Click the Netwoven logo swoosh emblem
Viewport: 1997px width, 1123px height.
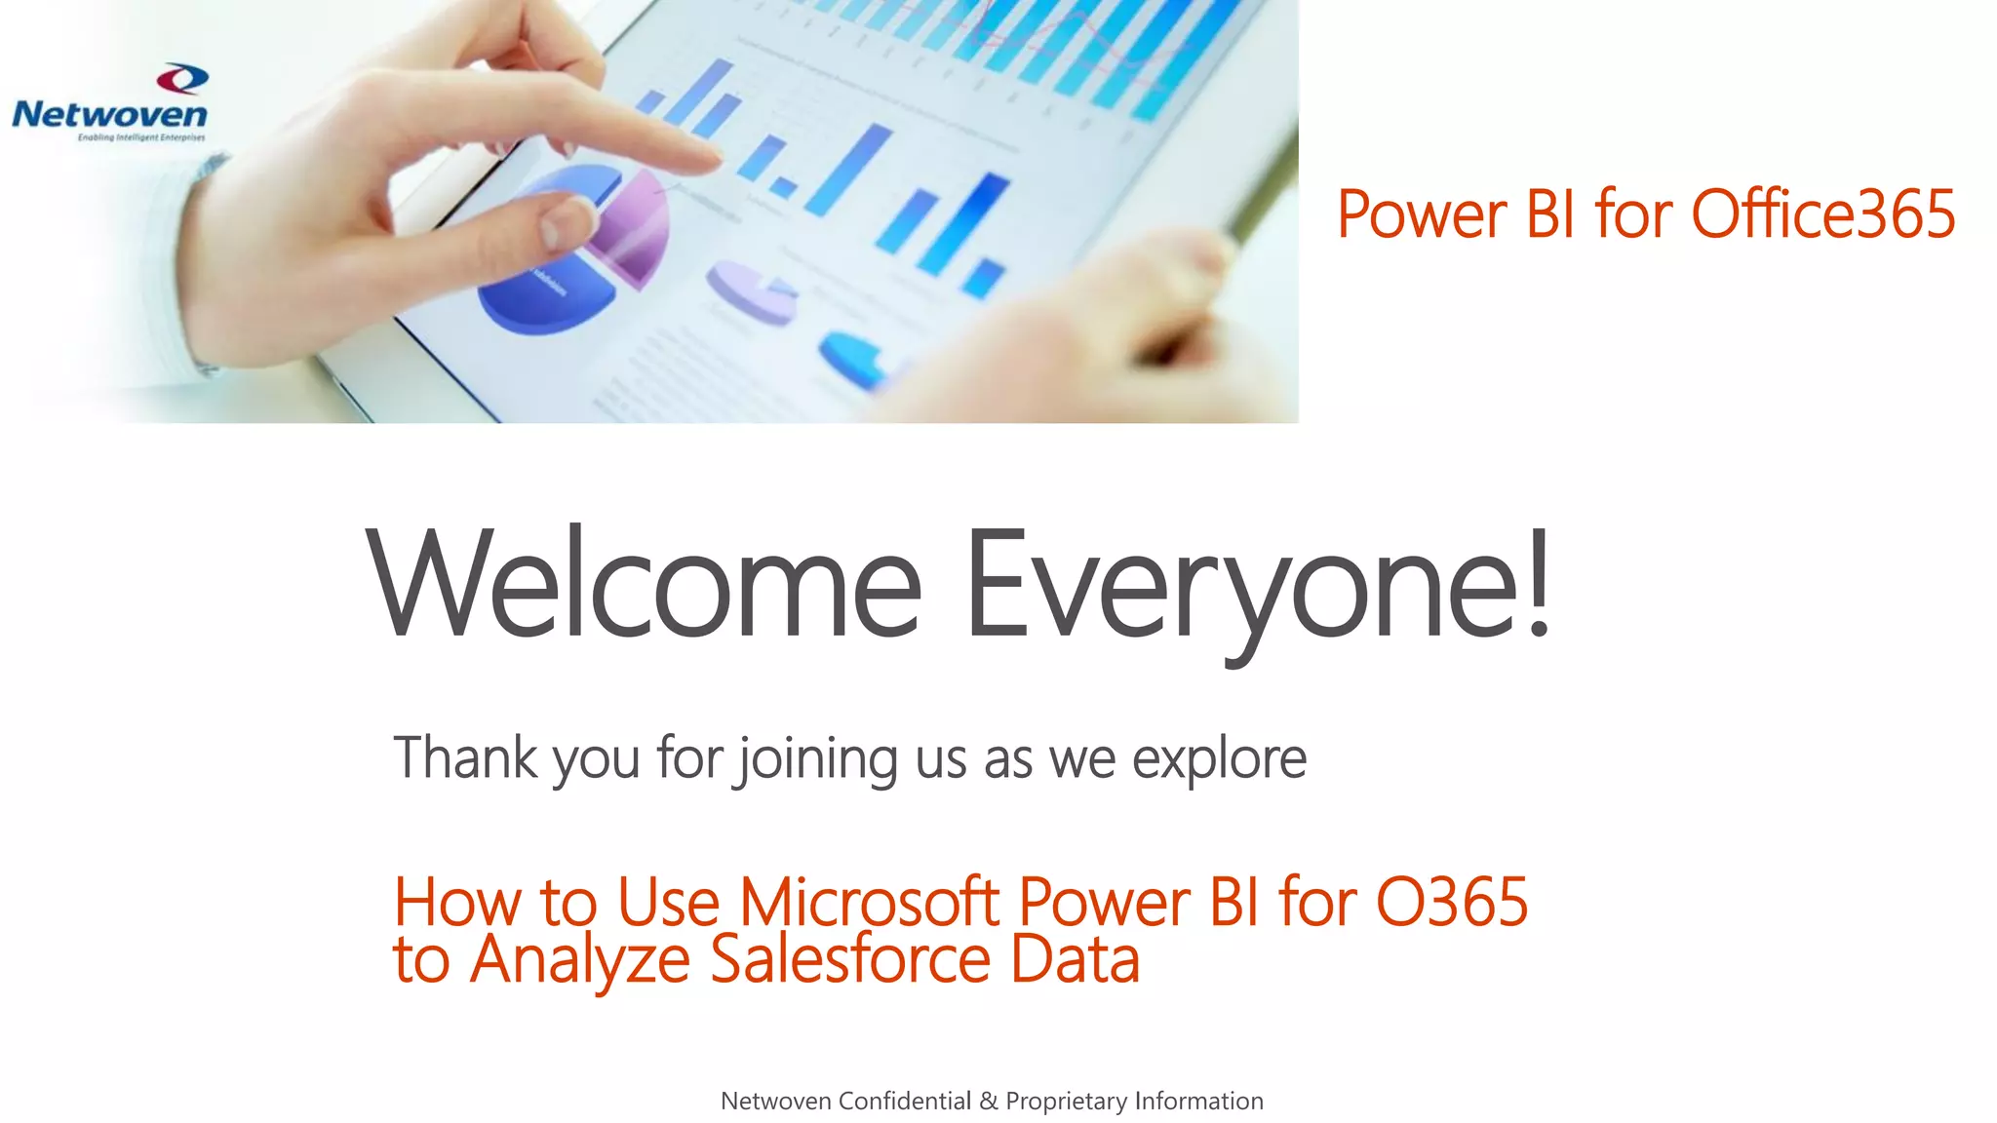coord(182,78)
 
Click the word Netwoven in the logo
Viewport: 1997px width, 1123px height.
coord(109,115)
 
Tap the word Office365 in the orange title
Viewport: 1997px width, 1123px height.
coord(1822,214)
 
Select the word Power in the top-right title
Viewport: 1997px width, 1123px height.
coord(1422,214)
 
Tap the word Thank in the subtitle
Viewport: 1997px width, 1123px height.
coord(465,757)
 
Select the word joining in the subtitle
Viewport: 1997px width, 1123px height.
coord(817,759)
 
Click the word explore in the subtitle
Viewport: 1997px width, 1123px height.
coord(1219,759)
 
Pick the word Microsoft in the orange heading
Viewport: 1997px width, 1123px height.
coord(869,902)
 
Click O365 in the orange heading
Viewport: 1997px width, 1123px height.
coord(1451,902)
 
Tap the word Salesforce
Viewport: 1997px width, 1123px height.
coord(850,959)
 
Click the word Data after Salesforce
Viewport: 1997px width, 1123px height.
coord(1075,959)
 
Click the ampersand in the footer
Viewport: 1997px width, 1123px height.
coord(988,1101)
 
